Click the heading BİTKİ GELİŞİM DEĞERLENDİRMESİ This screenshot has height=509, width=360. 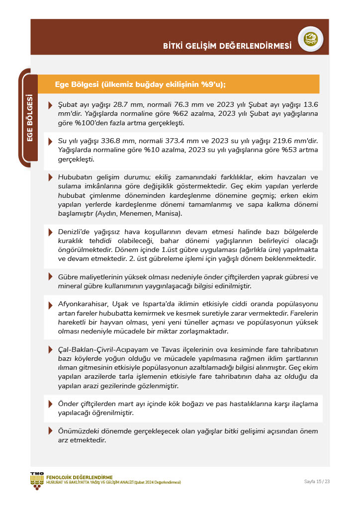tap(227, 46)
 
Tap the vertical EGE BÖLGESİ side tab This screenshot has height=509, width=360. tap(29, 118)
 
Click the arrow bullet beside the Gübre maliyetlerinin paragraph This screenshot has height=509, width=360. tap(50, 277)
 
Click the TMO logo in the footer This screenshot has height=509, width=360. tap(37, 480)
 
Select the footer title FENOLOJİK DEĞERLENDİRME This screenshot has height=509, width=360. tap(79, 478)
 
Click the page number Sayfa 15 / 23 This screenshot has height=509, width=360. tap(317, 481)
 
